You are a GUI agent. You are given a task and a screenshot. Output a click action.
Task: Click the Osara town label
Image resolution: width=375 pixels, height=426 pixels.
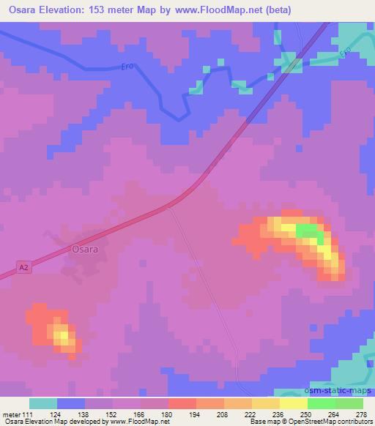tap(85, 249)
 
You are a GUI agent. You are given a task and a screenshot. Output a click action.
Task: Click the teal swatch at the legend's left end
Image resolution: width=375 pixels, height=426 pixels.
tap(43, 403)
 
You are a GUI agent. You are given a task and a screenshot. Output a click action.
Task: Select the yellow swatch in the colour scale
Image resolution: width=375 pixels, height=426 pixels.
tap(293, 403)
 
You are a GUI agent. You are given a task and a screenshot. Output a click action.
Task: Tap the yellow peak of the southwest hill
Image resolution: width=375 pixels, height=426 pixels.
tap(64, 337)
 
